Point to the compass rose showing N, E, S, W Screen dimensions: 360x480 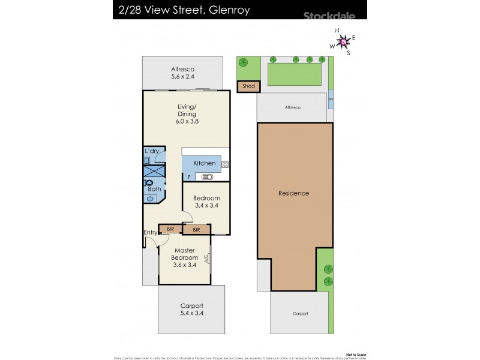[x=343, y=41]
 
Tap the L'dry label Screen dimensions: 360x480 [x=151, y=151]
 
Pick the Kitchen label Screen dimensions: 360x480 [x=204, y=163]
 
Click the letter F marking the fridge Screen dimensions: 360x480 [x=189, y=177]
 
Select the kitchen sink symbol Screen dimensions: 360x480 [x=208, y=177]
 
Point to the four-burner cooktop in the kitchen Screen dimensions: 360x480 [x=225, y=164]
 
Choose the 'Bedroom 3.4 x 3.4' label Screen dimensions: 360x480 [x=207, y=202]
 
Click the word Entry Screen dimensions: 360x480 [x=150, y=233]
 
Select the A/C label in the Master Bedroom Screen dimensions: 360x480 [x=206, y=259]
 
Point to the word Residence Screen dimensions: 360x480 [x=293, y=193]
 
